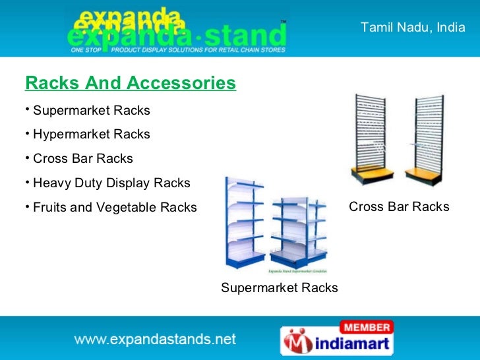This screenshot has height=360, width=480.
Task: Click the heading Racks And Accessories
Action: coord(130,84)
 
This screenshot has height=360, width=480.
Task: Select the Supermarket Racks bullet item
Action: coord(91,110)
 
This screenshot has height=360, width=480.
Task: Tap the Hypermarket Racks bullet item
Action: coord(91,135)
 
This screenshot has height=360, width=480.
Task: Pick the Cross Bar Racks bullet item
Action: coord(82,159)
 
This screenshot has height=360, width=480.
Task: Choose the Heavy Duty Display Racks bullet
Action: coord(111,183)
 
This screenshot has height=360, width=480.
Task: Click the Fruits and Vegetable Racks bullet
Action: coord(114,208)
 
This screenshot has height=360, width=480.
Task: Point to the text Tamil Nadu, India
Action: coord(413,28)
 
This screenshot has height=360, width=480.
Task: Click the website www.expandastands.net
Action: coord(154,340)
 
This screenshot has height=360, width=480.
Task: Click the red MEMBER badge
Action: coord(366,327)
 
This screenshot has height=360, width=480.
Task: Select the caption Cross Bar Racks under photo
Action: coord(399,207)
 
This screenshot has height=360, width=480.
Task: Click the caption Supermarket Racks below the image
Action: coord(279,288)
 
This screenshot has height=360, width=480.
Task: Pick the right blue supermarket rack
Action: coord(298,231)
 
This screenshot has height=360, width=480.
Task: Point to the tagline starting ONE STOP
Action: coord(178,49)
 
